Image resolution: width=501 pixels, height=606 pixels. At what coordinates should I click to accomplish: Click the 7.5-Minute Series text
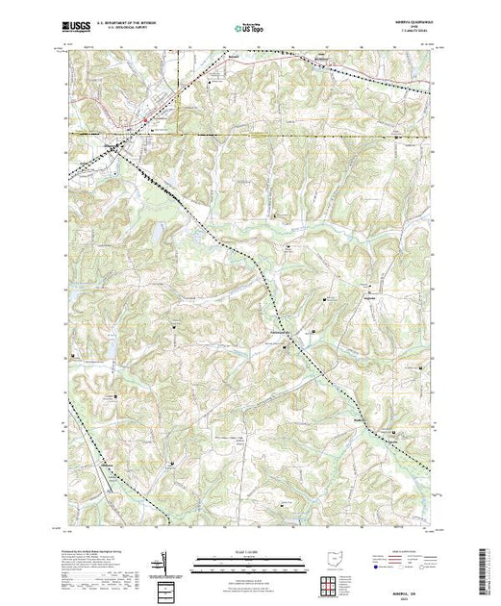point(415,34)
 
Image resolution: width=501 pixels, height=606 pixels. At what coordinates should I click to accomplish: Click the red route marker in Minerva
point(144,119)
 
